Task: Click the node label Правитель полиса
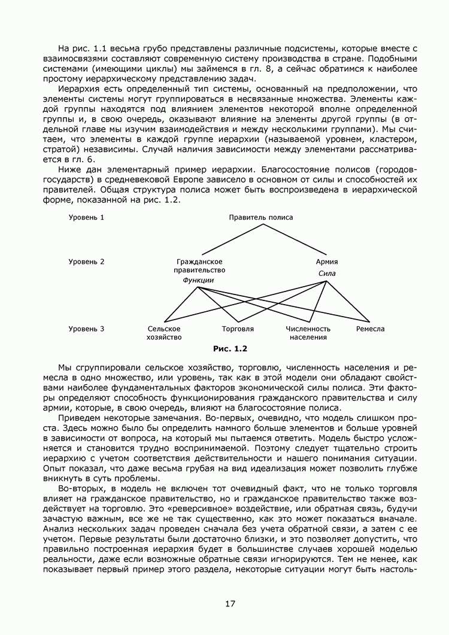(x=261, y=217)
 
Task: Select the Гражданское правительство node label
(x=200, y=266)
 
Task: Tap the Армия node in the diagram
(x=327, y=262)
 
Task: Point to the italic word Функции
(x=198, y=280)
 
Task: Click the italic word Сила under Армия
(x=327, y=274)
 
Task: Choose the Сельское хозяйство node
(x=164, y=333)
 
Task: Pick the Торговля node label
(x=238, y=329)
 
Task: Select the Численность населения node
(x=308, y=333)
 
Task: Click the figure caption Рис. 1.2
(x=230, y=348)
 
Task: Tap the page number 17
(x=230, y=603)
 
